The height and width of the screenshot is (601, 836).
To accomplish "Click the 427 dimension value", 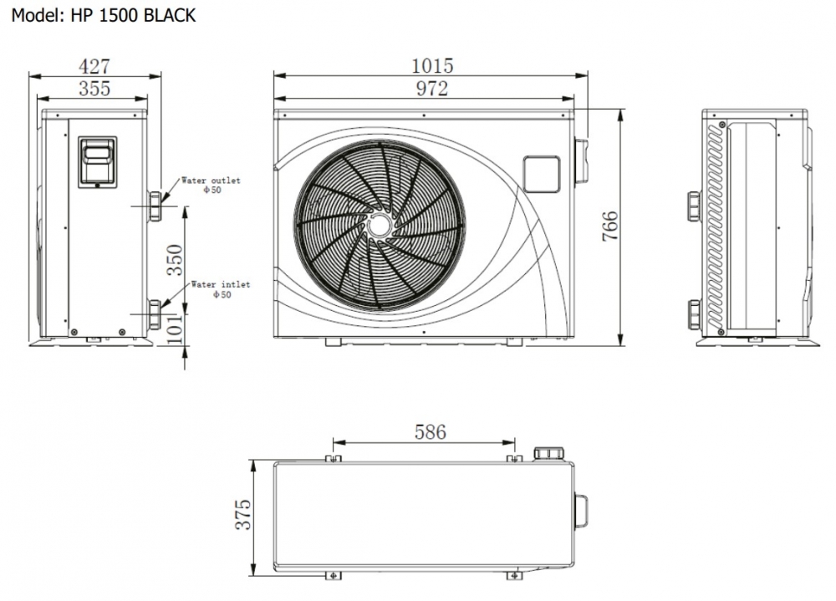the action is pyautogui.click(x=94, y=66).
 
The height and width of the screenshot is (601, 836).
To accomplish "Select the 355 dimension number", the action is pyautogui.click(x=94, y=89).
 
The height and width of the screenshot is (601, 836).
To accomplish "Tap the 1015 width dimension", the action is pyautogui.click(x=432, y=65).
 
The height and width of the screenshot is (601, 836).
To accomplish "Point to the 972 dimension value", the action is pyautogui.click(x=432, y=89).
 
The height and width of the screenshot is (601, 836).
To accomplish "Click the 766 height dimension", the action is pyautogui.click(x=610, y=227).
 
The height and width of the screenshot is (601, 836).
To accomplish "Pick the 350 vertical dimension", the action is pyautogui.click(x=175, y=260).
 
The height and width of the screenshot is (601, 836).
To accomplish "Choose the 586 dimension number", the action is pyautogui.click(x=431, y=432).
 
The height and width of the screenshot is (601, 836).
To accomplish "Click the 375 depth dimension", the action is pyautogui.click(x=242, y=515).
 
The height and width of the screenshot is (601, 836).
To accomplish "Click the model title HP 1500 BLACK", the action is pyautogui.click(x=133, y=16).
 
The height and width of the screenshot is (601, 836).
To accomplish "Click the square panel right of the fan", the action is pyautogui.click(x=541, y=174).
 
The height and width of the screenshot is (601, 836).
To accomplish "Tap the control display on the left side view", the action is pyautogui.click(x=98, y=162).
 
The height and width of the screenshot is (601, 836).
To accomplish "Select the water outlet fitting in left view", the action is pyautogui.click(x=155, y=206).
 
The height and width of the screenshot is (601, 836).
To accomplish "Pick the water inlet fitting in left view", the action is pyautogui.click(x=155, y=314).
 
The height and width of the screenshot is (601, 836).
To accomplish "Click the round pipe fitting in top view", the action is pyautogui.click(x=549, y=454).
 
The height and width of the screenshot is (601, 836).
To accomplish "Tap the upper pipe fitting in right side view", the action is pyautogui.click(x=695, y=206).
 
